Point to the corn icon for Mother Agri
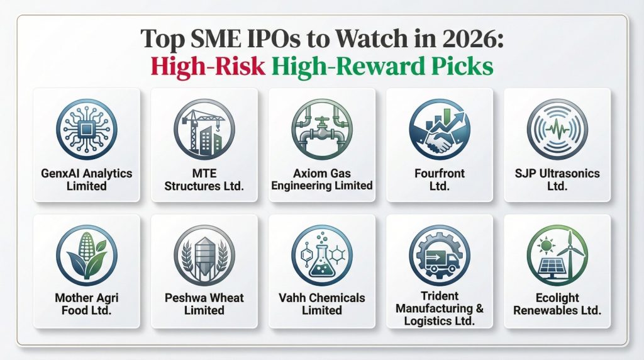coord(86,256)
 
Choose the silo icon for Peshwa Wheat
coord(204,256)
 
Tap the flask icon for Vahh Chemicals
coord(321,256)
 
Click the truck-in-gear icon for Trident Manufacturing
coord(439,256)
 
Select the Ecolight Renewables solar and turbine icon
coord(557,256)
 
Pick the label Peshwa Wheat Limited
coord(204,304)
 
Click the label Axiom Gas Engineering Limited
coord(321,179)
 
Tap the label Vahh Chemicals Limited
coord(321,304)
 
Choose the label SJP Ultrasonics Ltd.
coord(557,180)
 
